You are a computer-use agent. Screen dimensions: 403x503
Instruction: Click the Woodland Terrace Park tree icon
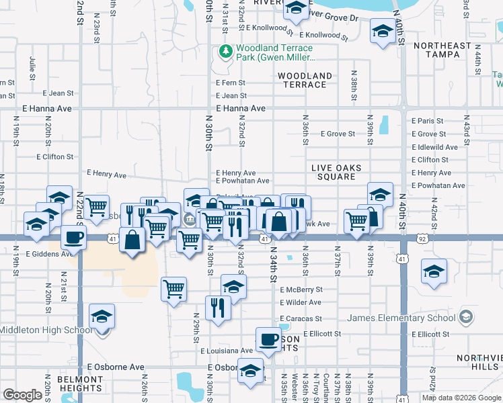226,52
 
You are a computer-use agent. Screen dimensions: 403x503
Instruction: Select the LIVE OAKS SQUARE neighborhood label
336,172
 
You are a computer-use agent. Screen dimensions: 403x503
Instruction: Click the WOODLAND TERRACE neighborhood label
305,81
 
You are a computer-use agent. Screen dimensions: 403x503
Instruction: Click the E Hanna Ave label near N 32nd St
241,108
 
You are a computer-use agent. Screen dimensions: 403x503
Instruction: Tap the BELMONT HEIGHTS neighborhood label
79,384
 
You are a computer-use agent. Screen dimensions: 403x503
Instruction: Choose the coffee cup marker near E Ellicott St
268,339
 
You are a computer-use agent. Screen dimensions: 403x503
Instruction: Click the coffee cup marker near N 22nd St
73,236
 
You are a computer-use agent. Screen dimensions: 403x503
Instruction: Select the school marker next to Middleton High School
102,316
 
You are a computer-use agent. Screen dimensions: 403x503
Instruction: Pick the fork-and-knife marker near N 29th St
217,308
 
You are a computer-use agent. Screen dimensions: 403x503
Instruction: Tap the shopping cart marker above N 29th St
174,289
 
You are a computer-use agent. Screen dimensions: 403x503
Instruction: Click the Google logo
23,394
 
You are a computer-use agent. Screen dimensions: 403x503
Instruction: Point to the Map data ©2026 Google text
461,397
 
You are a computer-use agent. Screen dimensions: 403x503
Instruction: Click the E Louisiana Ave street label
227,351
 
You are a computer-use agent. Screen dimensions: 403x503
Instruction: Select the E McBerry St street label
301,289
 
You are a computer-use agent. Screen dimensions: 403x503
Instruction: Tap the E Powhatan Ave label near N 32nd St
243,181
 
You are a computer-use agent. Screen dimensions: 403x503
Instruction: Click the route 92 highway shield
422,238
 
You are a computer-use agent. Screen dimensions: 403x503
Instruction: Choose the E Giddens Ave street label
50,255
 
